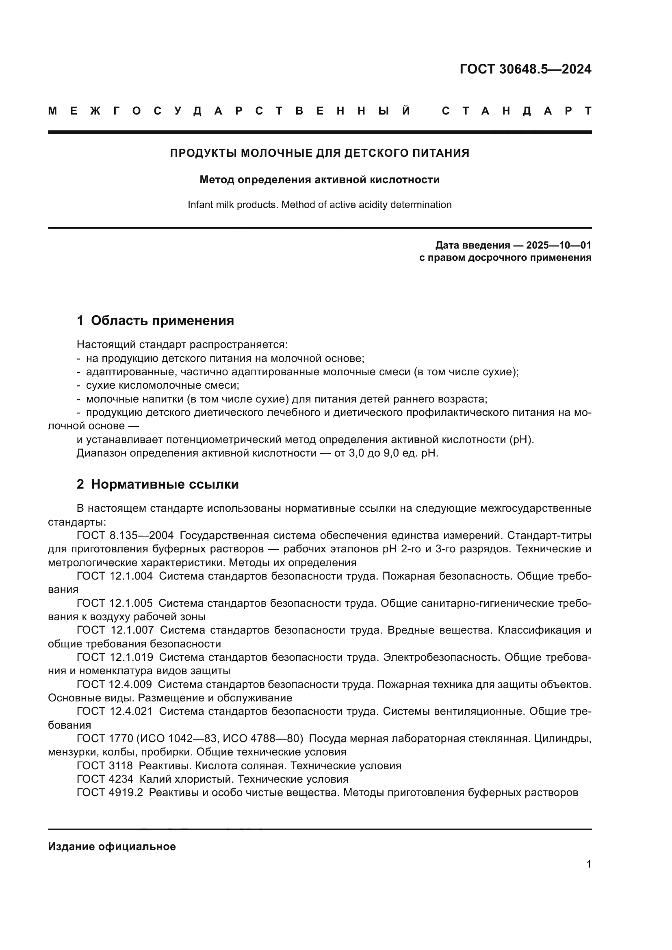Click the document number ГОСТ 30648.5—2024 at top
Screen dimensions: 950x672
pos(525,69)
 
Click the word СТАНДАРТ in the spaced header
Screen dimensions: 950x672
pos(516,111)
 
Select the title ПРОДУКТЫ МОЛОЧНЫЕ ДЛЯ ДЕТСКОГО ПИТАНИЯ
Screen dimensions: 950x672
pos(319,153)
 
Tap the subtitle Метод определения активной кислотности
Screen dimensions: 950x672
pos(319,180)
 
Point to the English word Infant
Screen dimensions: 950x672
pos(200,204)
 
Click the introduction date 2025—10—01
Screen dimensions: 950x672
pos(558,245)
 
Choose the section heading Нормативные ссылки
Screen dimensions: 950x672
pos(165,484)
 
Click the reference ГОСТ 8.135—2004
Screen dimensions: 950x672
pos(125,535)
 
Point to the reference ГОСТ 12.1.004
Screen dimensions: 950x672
pos(115,576)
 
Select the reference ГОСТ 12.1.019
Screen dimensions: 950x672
pos(115,657)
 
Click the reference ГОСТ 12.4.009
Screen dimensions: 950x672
pos(114,684)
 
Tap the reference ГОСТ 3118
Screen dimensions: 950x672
pos(105,766)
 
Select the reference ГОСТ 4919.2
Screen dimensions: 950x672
pos(110,793)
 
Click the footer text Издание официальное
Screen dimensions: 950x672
pos(112,846)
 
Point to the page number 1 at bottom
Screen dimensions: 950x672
pos(588,864)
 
